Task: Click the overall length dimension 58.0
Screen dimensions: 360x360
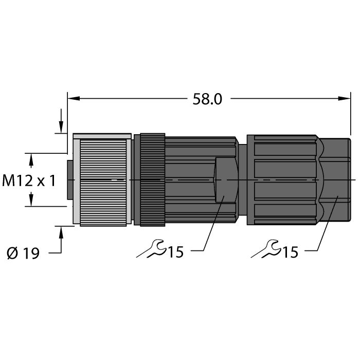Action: (207, 99)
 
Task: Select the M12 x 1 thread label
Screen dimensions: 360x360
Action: (29, 181)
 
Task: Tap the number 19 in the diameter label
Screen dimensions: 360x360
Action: (31, 254)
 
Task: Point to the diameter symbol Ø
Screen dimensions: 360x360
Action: (13, 254)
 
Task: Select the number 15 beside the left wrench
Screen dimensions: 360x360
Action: (175, 252)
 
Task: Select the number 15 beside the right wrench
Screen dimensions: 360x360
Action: (290, 252)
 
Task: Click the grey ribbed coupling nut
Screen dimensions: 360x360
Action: (102, 180)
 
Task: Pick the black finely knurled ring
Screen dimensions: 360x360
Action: (153, 180)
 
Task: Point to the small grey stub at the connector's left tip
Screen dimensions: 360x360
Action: (70, 180)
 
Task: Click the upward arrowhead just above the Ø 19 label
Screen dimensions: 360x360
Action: (62, 232)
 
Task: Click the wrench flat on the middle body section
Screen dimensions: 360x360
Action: (226, 180)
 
